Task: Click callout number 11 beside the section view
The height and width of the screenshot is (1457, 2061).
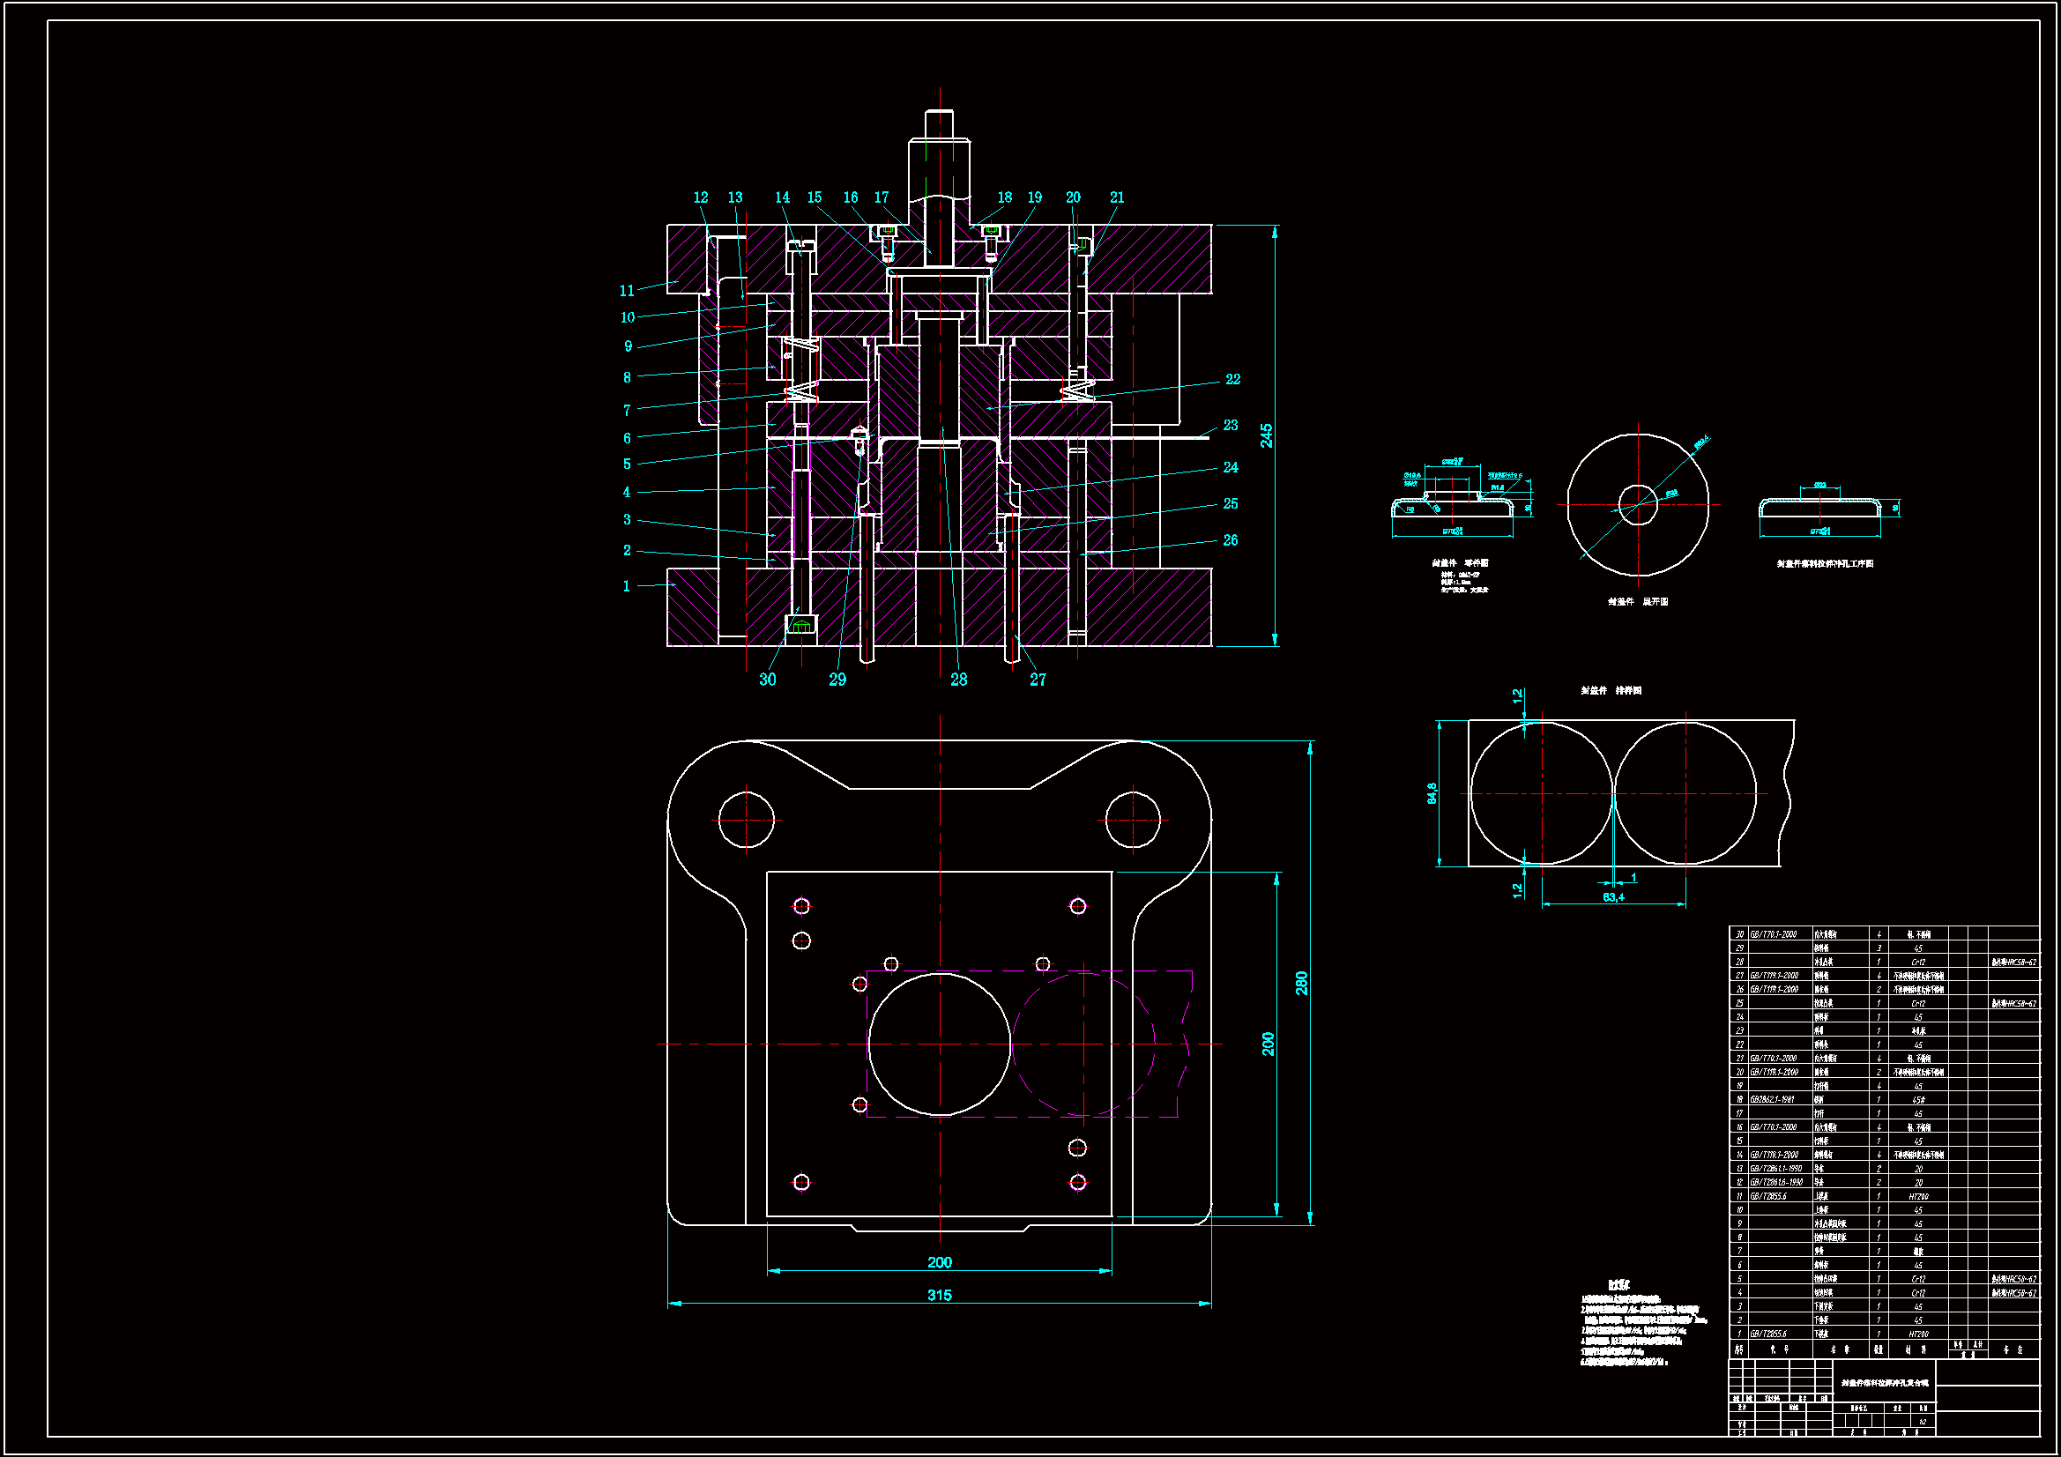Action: pyautogui.click(x=627, y=291)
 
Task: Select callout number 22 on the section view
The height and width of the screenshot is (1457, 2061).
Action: pyautogui.click(x=1232, y=380)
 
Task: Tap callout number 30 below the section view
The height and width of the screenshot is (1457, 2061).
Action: pyautogui.click(x=768, y=680)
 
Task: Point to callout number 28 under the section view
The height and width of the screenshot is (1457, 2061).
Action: pyautogui.click(x=959, y=680)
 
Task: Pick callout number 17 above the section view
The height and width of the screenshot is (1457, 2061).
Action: pyautogui.click(x=882, y=197)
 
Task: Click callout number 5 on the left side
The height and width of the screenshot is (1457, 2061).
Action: pyautogui.click(x=627, y=465)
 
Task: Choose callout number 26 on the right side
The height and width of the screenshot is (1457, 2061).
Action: pyautogui.click(x=1230, y=540)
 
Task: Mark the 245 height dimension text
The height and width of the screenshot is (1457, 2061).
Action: pyautogui.click(x=1266, y=435)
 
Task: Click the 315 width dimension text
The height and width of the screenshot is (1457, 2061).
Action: pyautogui.click(x=939, y=1296)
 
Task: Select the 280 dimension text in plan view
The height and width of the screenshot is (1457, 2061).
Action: pyautogui.click(x=1302, y=983)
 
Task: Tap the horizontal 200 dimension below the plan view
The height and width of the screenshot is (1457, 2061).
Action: pyautogui.click(x=939, y=1262)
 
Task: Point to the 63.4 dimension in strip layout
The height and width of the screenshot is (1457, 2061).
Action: pyautogui.click(x=1613, y=896)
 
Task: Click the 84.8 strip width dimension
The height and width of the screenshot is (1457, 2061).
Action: pyautogui.click(x=1432, y=792)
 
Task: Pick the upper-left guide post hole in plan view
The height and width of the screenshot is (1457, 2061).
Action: pyautogui.click(x=746, y=819)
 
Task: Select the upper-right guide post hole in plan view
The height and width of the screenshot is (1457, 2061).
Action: pyautogui.click(x=1133, y=819)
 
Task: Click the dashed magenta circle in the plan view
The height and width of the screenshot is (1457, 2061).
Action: pyautogui.click(x=1083, y=1044)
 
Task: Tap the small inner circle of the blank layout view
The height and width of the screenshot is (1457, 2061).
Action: pyautogui.click(x=1638, y=504)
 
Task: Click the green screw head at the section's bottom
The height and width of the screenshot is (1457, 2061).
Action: pyautogui.click(x=801, y=625)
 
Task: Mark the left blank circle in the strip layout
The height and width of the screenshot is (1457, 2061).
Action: pyautogui.click(x=1541, y=793)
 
